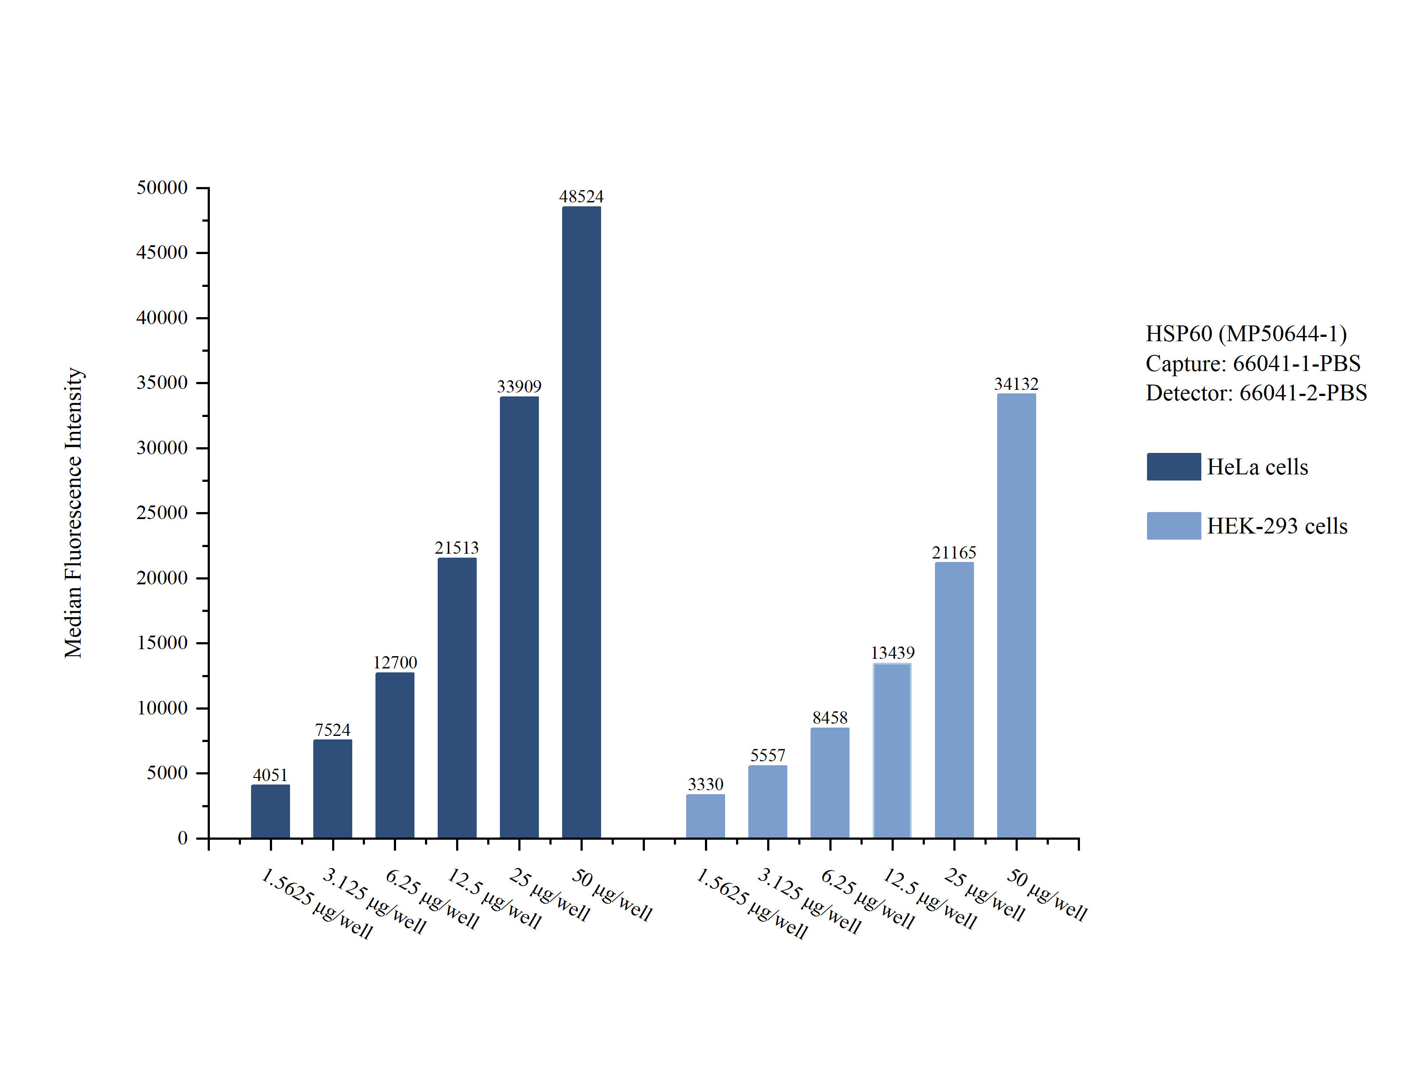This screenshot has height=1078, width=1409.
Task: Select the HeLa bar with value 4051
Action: click(x=270, y=811)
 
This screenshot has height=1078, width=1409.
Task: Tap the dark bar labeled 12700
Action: click(x=395, y=755)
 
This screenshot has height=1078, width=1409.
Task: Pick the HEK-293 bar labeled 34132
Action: click(x=1016, y=615)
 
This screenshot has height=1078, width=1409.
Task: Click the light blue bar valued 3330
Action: click(x=705, y=816)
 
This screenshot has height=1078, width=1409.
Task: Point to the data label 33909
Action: click(x=519, y=386)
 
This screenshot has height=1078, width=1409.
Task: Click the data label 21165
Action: click(x=954, y=552)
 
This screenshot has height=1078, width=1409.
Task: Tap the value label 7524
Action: click(x=333, y=730)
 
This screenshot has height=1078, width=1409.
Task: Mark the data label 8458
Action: click(x=830, y=717)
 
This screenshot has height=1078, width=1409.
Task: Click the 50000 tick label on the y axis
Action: click(x=162, y=188)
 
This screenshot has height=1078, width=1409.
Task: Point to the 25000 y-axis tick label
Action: click(x=162, y=512)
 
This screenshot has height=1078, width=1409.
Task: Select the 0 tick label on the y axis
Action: click(x=183, y=838)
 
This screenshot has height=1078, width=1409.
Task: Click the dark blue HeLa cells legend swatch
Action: click(x=1174, y=467)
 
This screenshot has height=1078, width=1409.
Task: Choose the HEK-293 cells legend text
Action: click(x=1277, y=526)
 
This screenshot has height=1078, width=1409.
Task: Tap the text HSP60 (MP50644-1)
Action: click(x=1246, y=334)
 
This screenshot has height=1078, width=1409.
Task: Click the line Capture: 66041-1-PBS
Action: click(x=1253, y=363)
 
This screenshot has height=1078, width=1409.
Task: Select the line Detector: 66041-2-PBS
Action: click(x=1256, y=393)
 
